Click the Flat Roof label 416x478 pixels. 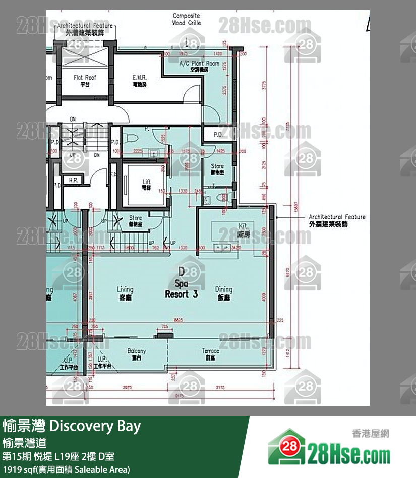pyautogui.click(x=85, y=81)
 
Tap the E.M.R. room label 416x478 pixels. pyautogui.click(x=139, y=81)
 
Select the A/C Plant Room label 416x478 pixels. pyautogui.click(x=200, y=67)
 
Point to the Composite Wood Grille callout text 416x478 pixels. pyautogui.click(x=187, y=19)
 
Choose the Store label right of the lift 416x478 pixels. pyautogui.click(x=217, y=168)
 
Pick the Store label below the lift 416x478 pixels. pyautogui.click(x=135, y=220)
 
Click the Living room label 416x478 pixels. pyautogui.click(x=125, y=293)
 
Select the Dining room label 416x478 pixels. pyautogui.click(x=224, y=293)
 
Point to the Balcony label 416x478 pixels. pyautogui.click(x=136, y=354)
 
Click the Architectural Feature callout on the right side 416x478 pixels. pyautogui.click(x=337, y=220)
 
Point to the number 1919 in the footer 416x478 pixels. pyautogui.click(x=13, y=470)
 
